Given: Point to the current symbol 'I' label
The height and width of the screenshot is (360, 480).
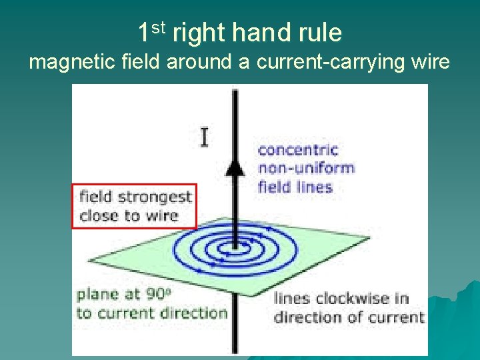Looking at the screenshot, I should (x=204, y=137).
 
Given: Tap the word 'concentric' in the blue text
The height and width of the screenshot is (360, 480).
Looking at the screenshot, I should (x=298, y=150).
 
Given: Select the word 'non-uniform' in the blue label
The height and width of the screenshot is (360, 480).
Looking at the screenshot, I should (x=306, y=168).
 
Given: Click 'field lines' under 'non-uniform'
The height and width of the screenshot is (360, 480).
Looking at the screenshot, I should (x=295, y=187).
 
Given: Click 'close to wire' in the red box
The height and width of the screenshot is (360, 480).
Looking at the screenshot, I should (x=129, y=215).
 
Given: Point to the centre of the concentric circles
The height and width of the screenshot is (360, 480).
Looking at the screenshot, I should (x=233, y=249).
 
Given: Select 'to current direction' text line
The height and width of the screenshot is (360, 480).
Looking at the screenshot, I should (x=151, y=313).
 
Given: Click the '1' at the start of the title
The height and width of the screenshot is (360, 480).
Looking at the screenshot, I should (x=144, y=32).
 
